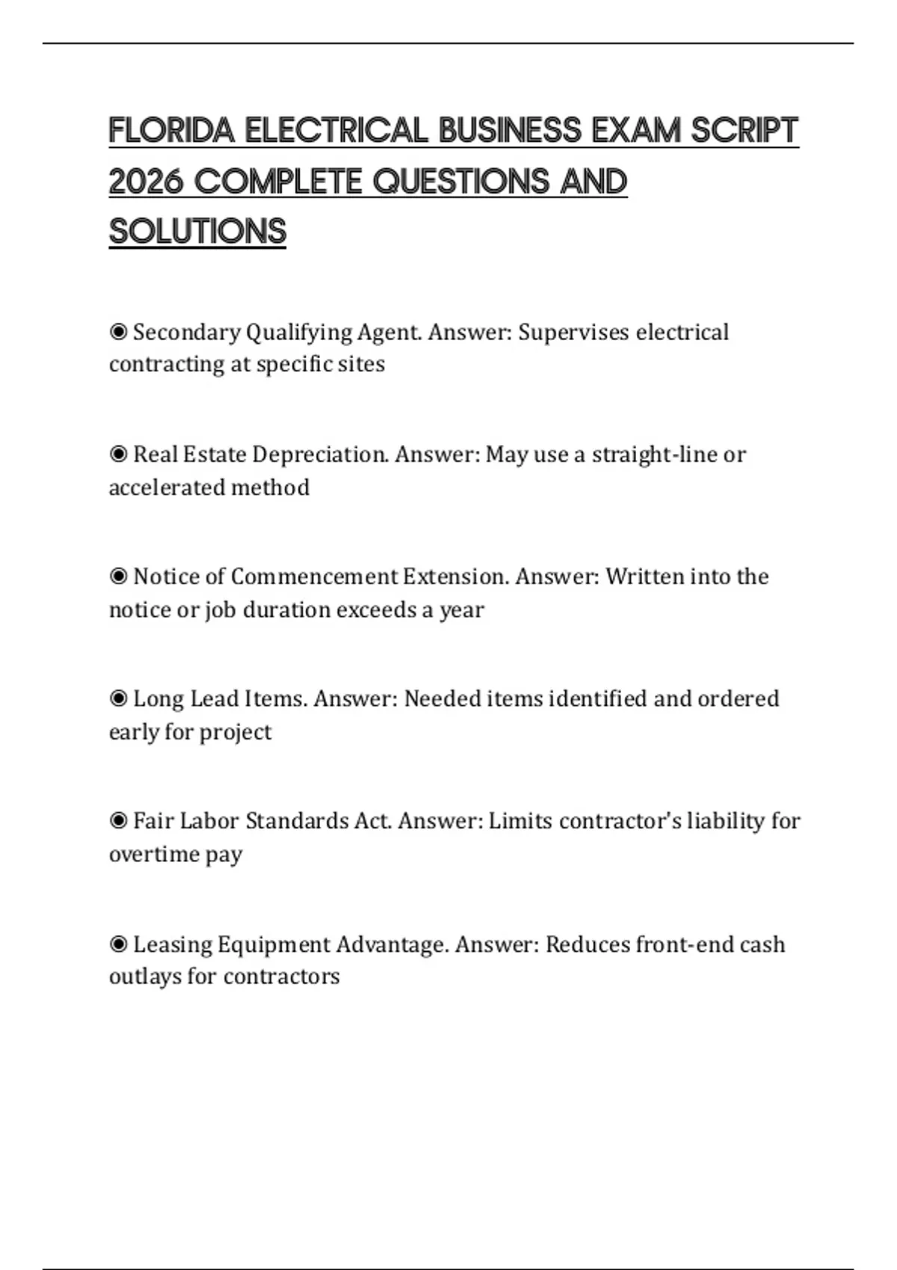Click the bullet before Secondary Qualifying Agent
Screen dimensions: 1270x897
tap(118, 332)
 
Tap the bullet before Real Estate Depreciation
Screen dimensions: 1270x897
tap(118, 454)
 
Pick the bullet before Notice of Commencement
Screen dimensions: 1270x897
tap(118, 577)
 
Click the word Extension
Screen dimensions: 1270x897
tap(455, 577)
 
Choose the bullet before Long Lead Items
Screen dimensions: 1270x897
tap(118, 698)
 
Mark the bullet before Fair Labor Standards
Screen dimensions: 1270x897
tap(118, 821)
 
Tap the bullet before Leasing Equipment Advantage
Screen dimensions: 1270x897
tap(118, 944)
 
